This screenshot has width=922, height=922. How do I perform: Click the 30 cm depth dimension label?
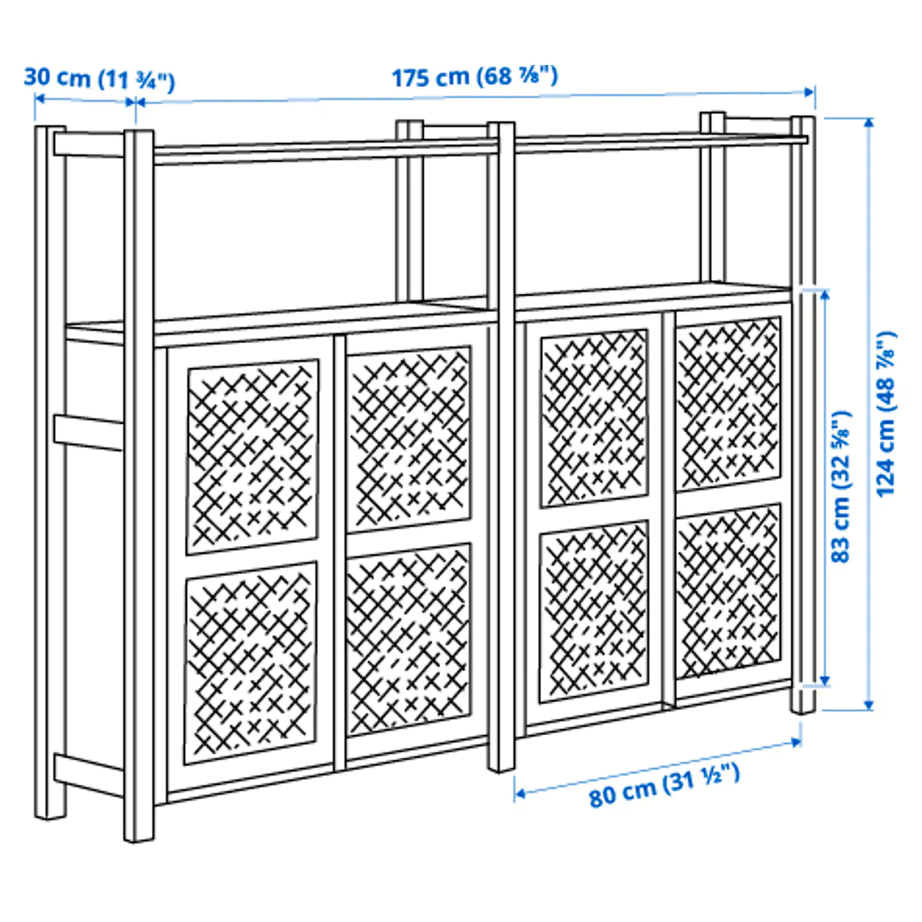point(99,79)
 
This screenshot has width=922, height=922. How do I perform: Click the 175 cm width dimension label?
point(475,76)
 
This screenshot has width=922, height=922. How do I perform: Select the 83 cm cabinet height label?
point(841,487)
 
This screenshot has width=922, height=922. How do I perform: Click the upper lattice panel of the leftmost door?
point(253,457)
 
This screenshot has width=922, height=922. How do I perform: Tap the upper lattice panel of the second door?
point(408,439)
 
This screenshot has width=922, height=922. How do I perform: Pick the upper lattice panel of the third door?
point(594,418)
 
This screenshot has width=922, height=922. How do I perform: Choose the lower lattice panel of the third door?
point(594,612)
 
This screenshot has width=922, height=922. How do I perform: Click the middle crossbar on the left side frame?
point(89,433)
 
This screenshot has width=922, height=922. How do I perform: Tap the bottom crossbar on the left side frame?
point(89,775)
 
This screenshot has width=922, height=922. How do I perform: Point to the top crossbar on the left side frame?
point(89,144)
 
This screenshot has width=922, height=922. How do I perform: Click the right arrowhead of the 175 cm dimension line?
point(809,92)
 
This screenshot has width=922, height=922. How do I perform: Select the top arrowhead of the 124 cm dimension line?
point(869,123)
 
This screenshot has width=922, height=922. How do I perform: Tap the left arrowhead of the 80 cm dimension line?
point(519,794)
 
